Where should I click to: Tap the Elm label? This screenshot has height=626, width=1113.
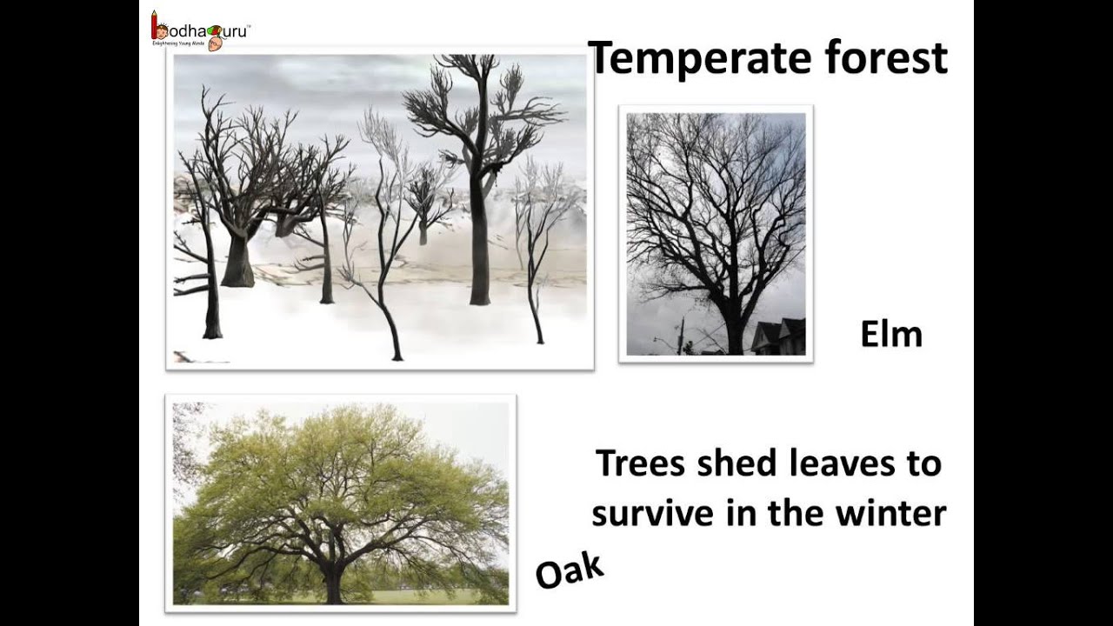pos(890,334)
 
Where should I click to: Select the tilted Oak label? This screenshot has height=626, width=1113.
pos(570,570)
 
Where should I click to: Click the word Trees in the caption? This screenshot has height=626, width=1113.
pos(640,463)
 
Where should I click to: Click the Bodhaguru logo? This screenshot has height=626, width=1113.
pos(200,30)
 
